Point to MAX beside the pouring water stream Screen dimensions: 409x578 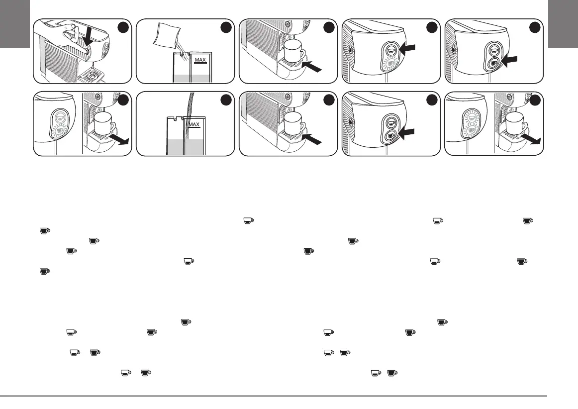coord(194,124)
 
